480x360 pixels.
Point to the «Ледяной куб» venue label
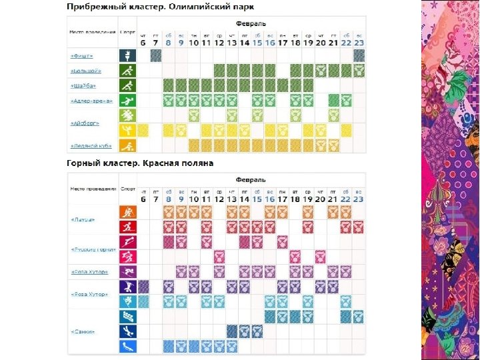(92, 145)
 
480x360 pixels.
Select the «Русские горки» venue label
(93, 249)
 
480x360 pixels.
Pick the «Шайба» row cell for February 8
(168, 85)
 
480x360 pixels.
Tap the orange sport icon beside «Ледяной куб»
(127, 145)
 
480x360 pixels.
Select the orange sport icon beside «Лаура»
(127, 213)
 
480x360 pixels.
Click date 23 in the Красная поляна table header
(359, 200)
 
